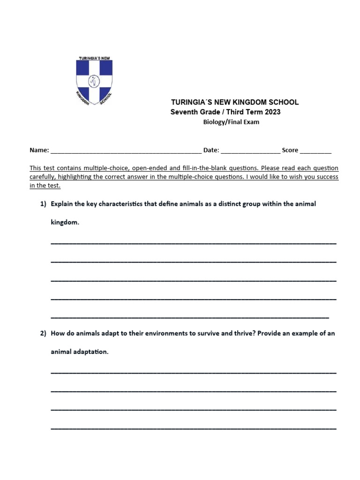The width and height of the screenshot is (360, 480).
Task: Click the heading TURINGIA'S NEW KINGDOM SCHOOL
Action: click(234, 102)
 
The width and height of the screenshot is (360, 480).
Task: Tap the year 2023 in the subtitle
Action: click(272, 112)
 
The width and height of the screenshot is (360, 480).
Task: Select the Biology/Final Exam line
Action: click(231, 122)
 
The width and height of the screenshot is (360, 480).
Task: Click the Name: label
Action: click(39, 150)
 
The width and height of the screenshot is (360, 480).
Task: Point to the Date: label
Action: click(211, 150)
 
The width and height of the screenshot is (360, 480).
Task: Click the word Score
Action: click(290, 150)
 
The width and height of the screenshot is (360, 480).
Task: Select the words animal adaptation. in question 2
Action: click(79, 352)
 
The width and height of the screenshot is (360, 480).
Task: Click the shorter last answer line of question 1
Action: click(189, 316)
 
